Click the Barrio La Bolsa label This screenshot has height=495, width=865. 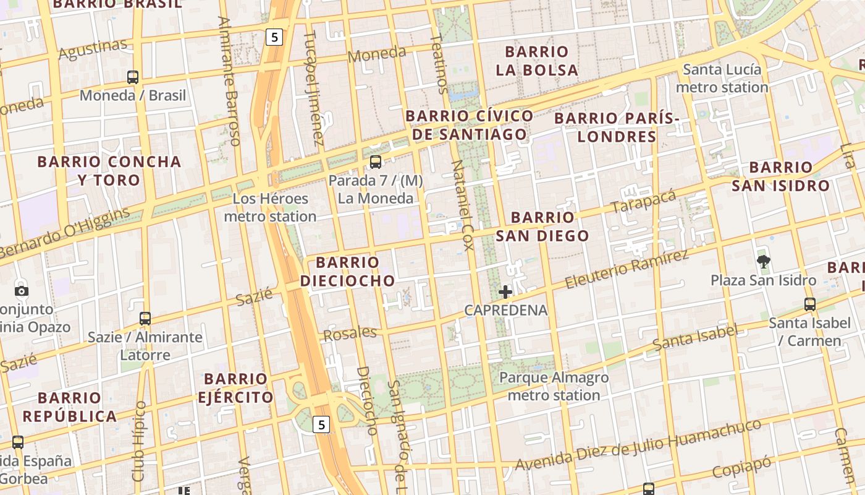(536, 61)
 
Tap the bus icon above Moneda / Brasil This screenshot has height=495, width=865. (133, 77)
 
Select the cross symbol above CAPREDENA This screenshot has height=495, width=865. (505, 291)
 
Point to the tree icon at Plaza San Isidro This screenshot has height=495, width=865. (764, 262)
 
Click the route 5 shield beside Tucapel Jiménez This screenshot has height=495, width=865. (274, 37)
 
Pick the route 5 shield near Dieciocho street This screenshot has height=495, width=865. (321, 424)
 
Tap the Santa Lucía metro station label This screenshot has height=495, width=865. (722, 78)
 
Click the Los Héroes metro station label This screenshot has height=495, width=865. (270, 207)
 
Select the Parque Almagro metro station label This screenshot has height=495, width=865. (554, 386)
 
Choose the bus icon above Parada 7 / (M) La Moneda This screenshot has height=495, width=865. (375, 162)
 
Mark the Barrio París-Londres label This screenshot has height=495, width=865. (617, 127)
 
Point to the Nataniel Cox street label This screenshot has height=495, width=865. (462, 205)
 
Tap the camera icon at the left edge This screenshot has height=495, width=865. (22, 291)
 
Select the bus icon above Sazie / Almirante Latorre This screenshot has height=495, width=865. (145, 319)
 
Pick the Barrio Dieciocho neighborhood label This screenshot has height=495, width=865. (347, 271)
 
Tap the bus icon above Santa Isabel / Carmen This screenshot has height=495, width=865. (809, 304)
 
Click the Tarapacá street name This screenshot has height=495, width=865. (643, 201)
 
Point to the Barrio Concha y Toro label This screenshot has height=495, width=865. (109, 171)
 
